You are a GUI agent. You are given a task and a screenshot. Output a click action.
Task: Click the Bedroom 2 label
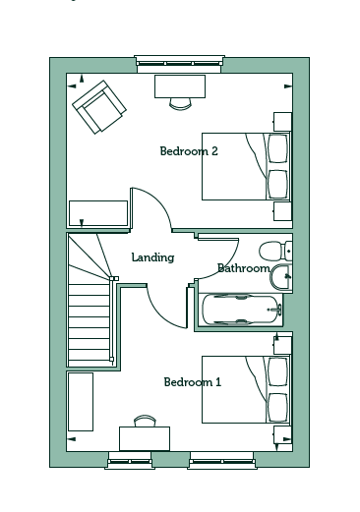[189, 151]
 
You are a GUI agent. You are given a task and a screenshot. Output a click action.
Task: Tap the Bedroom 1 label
[193, 382]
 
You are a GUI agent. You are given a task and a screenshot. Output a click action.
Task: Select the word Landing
[152, 257]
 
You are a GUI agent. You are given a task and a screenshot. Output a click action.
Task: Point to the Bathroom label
[244, 268]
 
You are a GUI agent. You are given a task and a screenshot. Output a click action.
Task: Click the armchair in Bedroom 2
[99, 107]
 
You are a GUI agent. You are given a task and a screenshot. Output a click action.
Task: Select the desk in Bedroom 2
[180, 86]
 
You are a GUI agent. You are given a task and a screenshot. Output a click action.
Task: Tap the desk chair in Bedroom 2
[180, 103]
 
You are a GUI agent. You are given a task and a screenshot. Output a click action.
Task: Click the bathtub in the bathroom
[242, 310]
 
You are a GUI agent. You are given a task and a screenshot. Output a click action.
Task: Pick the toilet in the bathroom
[275, 251]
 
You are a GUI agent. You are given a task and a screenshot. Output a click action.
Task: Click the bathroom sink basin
[280, 277]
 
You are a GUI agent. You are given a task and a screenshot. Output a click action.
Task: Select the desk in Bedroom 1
[145, 438]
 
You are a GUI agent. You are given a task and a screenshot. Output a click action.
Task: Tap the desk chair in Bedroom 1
[145, 421]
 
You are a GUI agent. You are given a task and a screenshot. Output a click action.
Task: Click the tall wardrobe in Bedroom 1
[81, 402]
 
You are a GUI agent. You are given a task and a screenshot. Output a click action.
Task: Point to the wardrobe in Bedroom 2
[98, 213]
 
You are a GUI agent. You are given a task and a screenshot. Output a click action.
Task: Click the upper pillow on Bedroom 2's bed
[278, 148]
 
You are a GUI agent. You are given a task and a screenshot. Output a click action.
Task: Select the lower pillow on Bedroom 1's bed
[278, 408]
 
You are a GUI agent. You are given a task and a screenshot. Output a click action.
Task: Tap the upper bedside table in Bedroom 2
[282, 122]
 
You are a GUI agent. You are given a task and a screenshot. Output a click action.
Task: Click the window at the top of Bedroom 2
[179, 64]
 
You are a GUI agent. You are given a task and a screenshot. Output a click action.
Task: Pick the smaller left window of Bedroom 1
[130, 460]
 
